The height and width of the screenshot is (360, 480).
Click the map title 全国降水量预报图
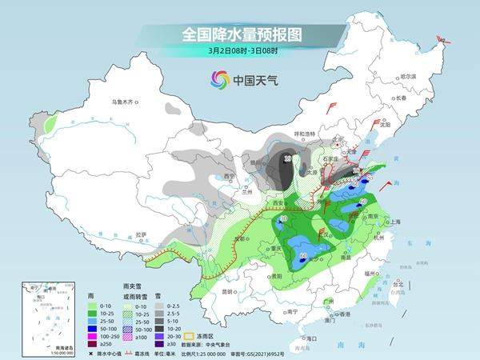click(x=239, y=34)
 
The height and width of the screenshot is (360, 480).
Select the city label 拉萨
click(x=142, y=235)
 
